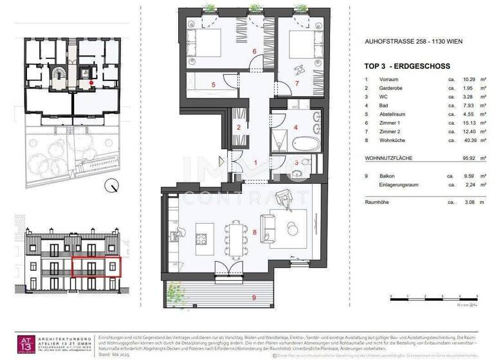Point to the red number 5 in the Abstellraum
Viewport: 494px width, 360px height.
(215, 84)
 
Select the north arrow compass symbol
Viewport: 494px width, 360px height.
(113, 186)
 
